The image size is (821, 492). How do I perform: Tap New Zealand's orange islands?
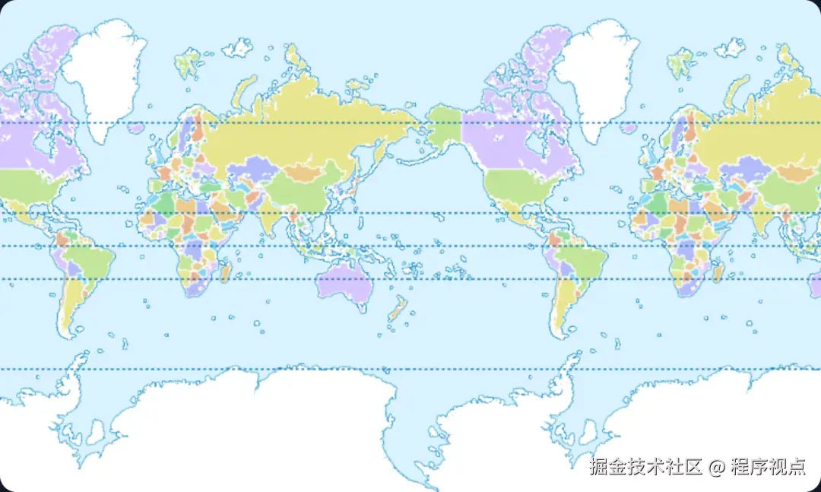397,309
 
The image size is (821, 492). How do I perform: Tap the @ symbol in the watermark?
716,467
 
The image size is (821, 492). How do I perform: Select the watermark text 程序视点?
768,466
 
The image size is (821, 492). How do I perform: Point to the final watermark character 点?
796,466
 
